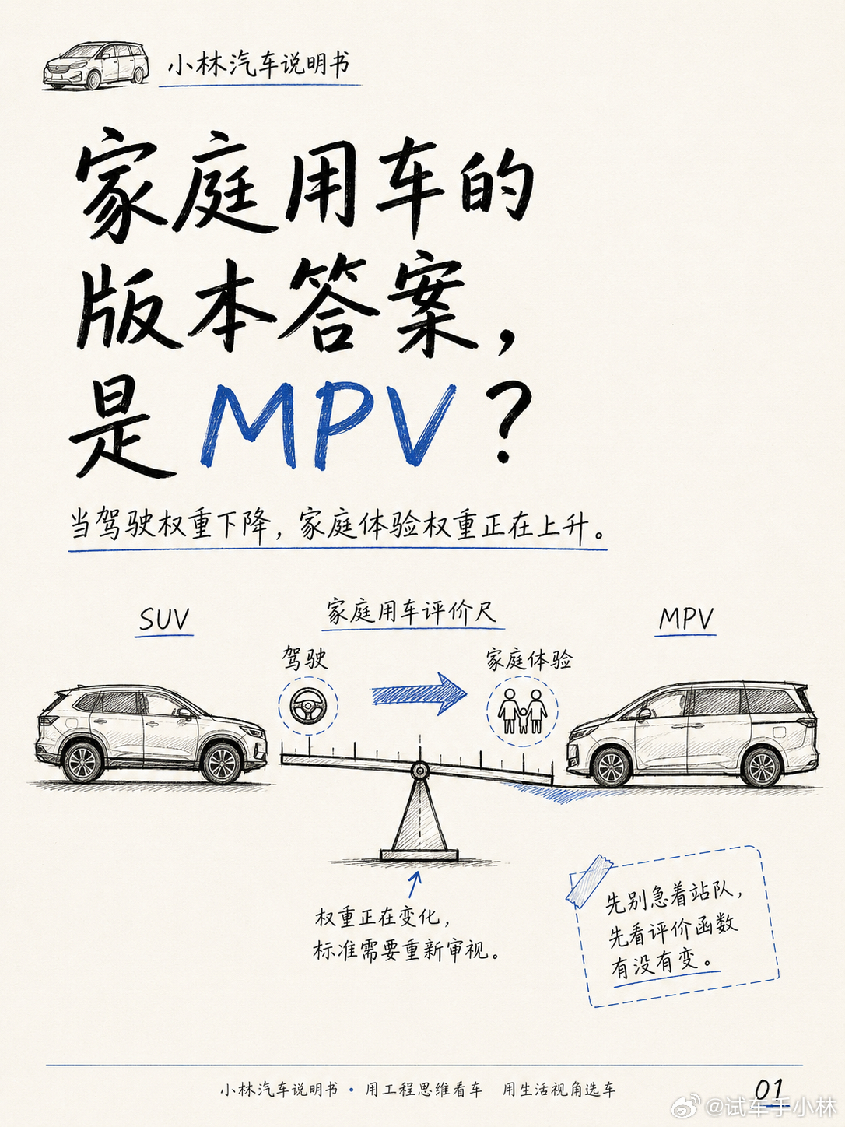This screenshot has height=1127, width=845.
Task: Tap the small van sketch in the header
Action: pyautogui.click(x=96, y=66)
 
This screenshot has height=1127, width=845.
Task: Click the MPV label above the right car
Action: pyautogui.click(x=685, y=620)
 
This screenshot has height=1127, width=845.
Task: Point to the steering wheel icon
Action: pyautogui.click(x=308, y=704)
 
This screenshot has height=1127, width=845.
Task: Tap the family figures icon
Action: pyautogui.click(x=522, y=711)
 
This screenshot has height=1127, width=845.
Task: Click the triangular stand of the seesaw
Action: pyautogui.click(x=419, y=816)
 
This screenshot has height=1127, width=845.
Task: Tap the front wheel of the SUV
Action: pyautogui.click(x=222, y=764)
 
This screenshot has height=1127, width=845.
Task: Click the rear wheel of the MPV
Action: pyautogui.click(x=762, y=767)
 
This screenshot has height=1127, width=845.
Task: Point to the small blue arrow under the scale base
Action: pyautogui.click(x=414, y=883)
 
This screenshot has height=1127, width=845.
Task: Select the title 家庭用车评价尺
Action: pyautogui.click(x=412, y=612)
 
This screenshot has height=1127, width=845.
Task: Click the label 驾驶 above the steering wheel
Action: pyautogui.click(x=305, y=658)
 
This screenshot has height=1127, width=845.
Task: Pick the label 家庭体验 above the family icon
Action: pyautogui.click(x=529, y=659)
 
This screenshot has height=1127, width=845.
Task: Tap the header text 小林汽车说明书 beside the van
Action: pyautogui.click(x=259, y=65)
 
